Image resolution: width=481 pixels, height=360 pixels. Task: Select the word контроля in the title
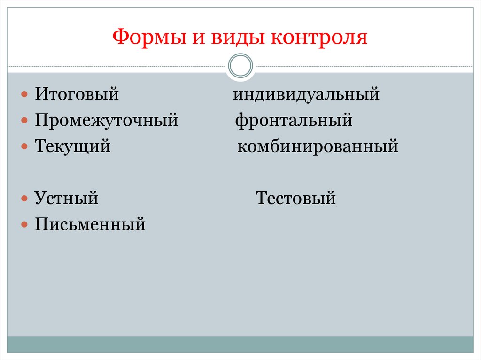coord(318,37)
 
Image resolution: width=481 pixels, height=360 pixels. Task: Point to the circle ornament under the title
coord(240,66)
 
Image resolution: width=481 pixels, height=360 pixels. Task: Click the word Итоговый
coord(76,95)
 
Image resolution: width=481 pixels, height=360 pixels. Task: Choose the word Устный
coord(66,199)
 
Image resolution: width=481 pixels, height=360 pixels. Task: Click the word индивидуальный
coord(306,95)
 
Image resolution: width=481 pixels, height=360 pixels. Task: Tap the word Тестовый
coord(296,199)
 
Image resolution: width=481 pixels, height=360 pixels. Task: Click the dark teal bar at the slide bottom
coord(240,344)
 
